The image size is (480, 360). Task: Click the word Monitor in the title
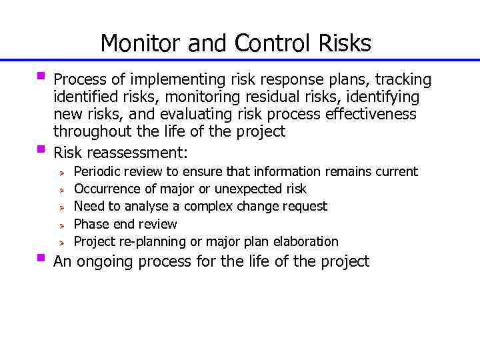(x=141, y=43)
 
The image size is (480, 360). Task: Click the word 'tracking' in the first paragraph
(x=403, y=81)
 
